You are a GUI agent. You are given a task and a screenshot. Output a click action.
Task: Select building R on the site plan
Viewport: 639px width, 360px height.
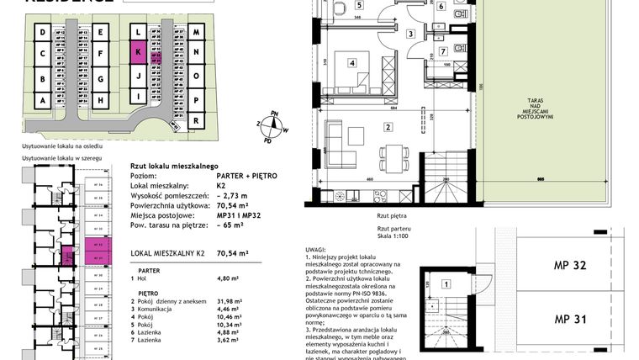[x=195, y=121]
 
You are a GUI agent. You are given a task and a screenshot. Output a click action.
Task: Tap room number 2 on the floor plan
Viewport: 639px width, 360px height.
[x=388, y=127]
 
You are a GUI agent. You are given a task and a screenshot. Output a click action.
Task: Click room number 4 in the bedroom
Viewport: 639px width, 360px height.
[x=352, y=61]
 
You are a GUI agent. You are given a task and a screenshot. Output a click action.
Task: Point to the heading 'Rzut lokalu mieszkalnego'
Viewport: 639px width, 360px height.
[x=175, y=167]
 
